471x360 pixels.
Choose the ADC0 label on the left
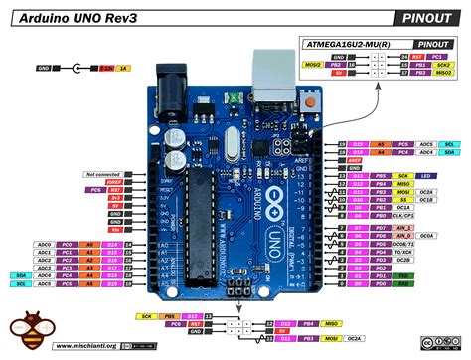pyautogui.click(x=44, y=244)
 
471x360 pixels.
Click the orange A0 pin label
pyautogui.click(x=89, y=244)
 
